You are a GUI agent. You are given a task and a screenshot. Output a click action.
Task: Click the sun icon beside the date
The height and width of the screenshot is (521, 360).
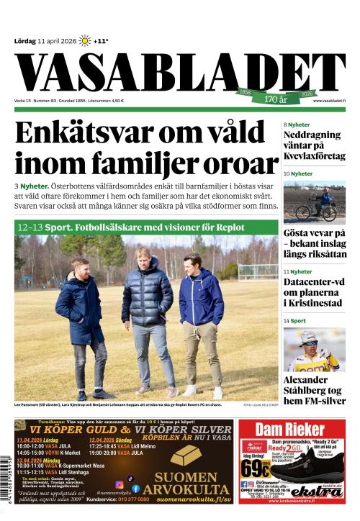[85, 41]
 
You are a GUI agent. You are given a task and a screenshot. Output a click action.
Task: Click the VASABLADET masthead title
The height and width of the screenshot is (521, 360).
[180, 72]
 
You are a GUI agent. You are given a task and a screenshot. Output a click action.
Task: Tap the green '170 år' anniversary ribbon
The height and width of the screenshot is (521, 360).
[277, 96]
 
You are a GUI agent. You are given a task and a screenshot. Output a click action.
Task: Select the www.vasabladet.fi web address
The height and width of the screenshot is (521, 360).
[328, 101]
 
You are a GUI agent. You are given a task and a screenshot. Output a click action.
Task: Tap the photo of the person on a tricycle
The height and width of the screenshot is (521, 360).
[314, 201]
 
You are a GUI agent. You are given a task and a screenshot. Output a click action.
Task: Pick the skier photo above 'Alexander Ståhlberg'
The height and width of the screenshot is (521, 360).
[314, 350]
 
